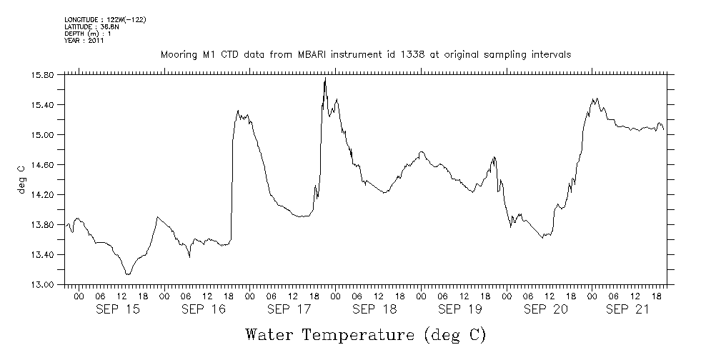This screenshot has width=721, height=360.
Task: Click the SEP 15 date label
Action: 119,309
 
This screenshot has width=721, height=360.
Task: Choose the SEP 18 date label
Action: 374,309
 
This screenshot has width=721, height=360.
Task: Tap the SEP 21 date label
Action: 627,309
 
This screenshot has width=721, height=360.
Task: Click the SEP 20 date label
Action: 545,309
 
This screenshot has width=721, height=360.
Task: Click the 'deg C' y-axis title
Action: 22,179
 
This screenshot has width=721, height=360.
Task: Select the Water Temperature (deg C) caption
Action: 366,334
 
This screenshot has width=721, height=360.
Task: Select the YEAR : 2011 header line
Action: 85,41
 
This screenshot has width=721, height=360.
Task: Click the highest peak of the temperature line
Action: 325,79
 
